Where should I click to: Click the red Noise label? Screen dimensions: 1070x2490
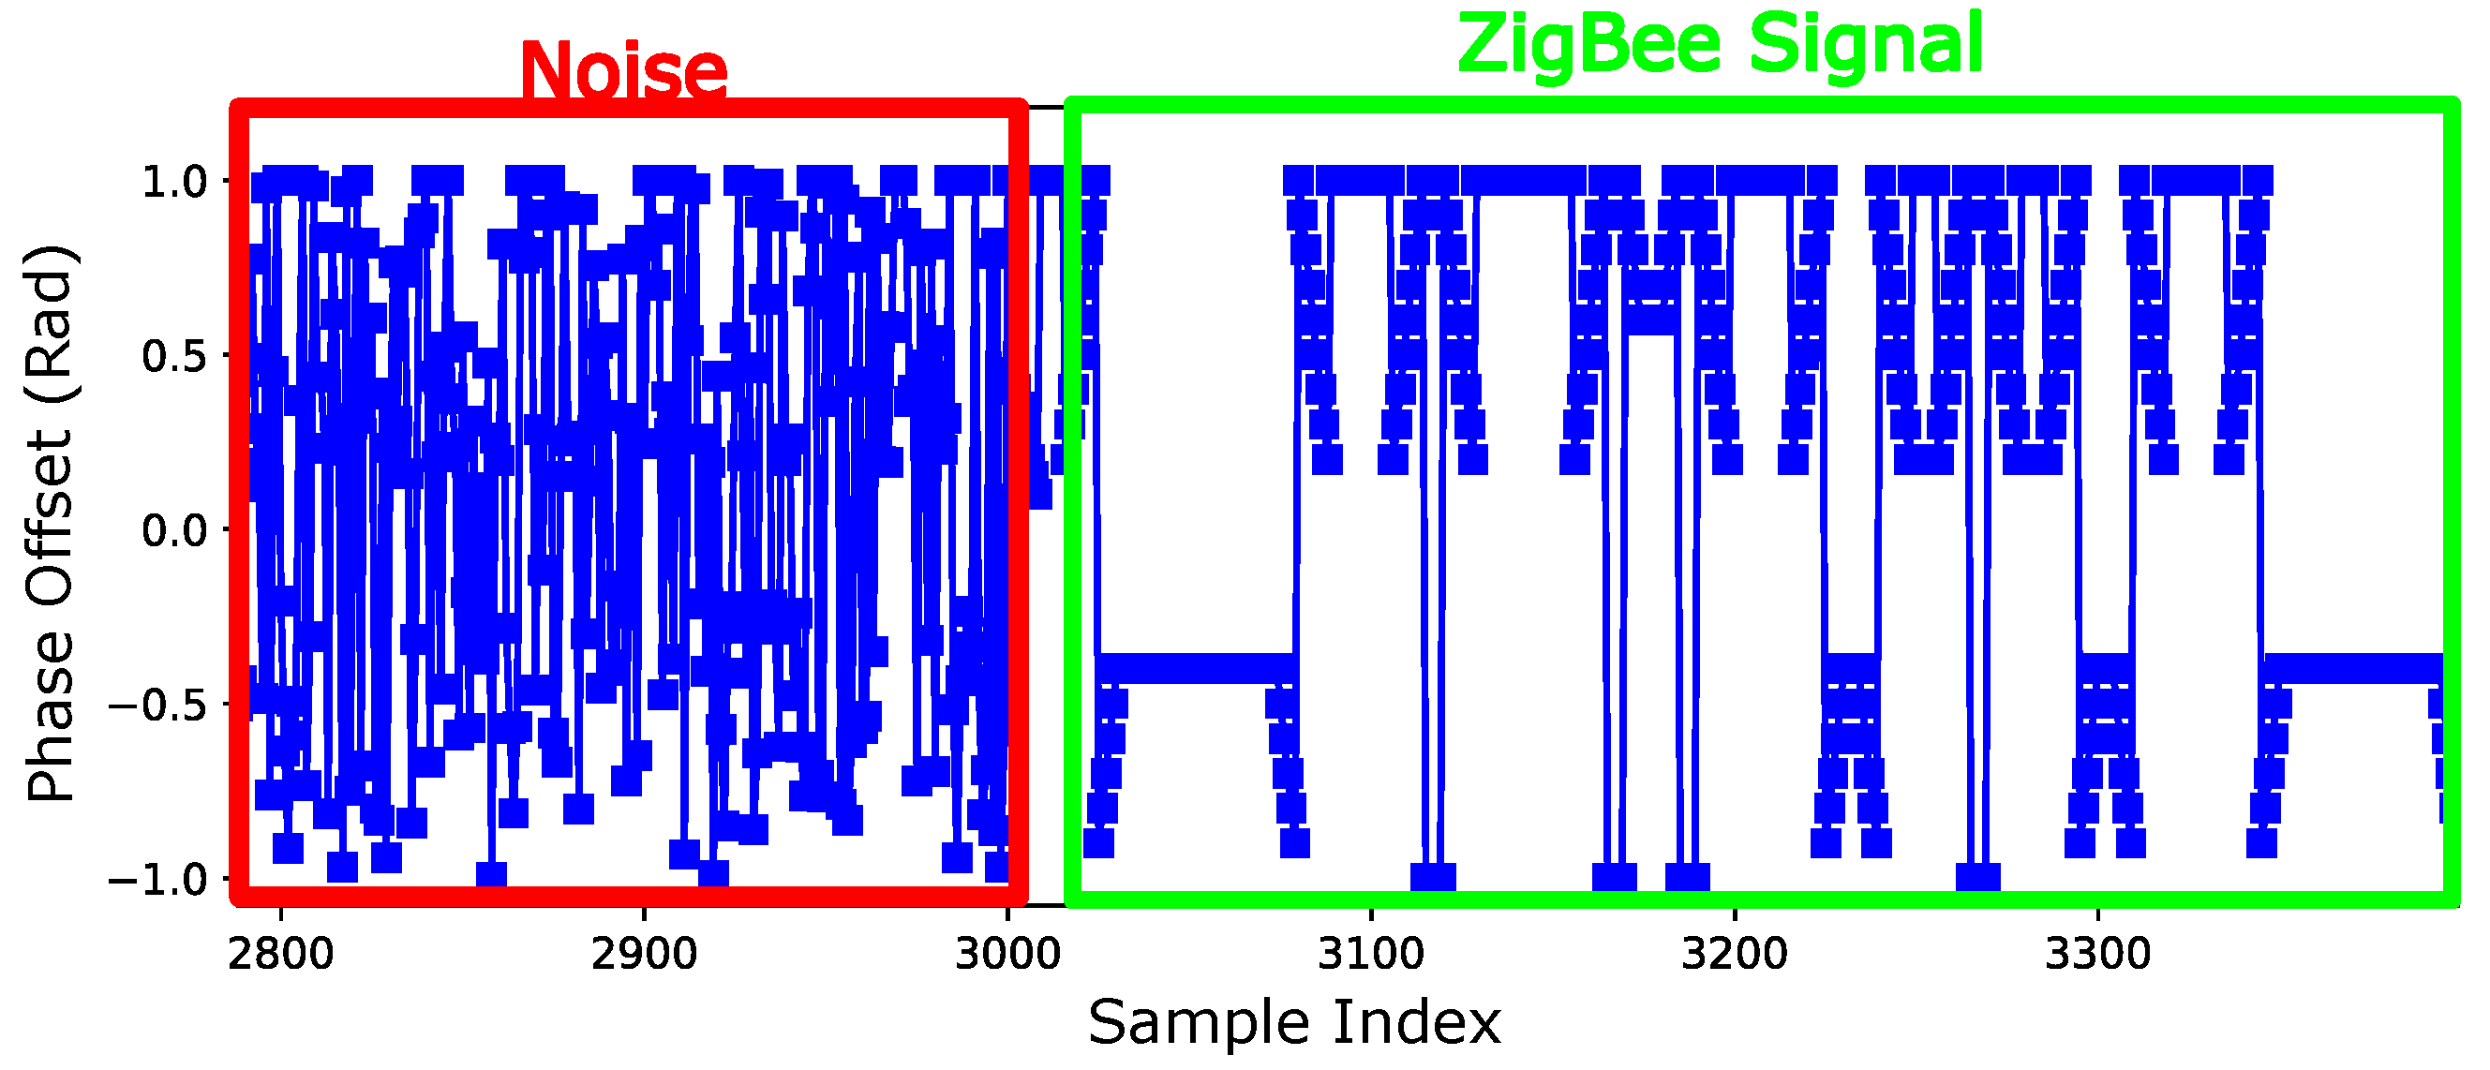(x=623, y=69)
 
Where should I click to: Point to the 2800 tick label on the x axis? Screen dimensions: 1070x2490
(x=280, y=955)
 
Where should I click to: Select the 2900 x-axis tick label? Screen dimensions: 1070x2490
(x=644, y=955)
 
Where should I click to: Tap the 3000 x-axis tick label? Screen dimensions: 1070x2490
(x=1007, y=955)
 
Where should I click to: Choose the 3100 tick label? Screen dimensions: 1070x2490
(x=1371, y=955)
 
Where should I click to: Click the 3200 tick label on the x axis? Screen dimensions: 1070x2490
(x=1734, y=955)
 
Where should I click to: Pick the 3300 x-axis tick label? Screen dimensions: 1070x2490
(x=2097, y=955)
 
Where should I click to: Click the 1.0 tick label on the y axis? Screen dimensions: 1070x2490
(x=175, y=182)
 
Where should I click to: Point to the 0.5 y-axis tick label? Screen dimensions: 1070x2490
(x=175, y=356)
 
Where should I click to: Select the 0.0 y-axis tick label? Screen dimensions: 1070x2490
(x=175, y=530)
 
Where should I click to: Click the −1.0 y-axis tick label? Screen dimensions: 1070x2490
(x=158, y=880)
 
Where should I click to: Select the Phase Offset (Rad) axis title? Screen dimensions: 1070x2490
(x=51, y=522)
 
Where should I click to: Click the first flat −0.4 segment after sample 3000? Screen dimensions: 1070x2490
(x=1195, y=668)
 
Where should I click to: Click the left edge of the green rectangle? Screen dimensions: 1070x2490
(x=1071, y=502)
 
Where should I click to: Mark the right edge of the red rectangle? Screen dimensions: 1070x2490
(x=1017, y=502)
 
